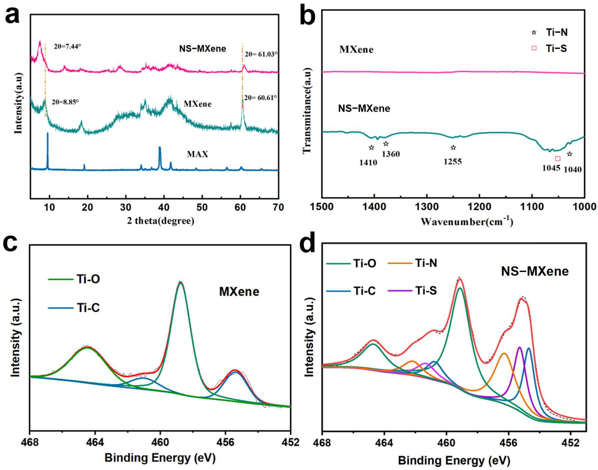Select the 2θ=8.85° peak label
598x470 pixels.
[x=65, y=102]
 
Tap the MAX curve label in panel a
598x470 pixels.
[x=197, y=154]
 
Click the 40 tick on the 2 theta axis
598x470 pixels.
[x=164, y=207]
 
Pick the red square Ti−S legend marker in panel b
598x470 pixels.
[x=534, y=48]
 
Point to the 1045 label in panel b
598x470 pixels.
[x=551, y=168]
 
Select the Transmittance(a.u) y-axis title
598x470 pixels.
[x=307, y=110]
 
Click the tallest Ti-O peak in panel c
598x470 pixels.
[x=180, y=283]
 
